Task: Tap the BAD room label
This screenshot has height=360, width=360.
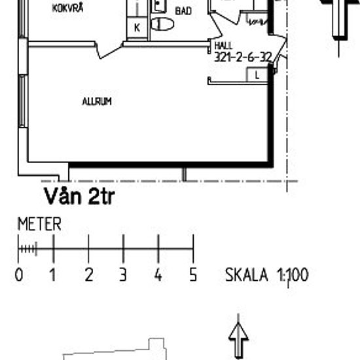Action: [183, 11]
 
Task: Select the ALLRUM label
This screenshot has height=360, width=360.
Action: [97, 101]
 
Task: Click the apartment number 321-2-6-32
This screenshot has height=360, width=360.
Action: [243, 58]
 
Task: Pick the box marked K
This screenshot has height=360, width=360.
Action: [137, 27]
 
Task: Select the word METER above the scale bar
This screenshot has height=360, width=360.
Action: [39, 225]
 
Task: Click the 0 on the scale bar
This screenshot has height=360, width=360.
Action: [19, 274]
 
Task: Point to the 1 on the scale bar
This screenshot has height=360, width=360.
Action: [53, 274]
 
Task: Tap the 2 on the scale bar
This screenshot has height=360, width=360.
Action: [88, 274]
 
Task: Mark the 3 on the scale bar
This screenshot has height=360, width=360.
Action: [123, 274]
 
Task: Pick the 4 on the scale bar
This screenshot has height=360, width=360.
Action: [158, 274]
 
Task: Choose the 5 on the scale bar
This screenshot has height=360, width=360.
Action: [193, 274]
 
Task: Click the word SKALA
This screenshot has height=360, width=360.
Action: [247, 274]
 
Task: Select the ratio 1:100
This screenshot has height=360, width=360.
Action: [291, 274]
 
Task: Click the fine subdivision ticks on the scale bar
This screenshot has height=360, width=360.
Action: [27, 249]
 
